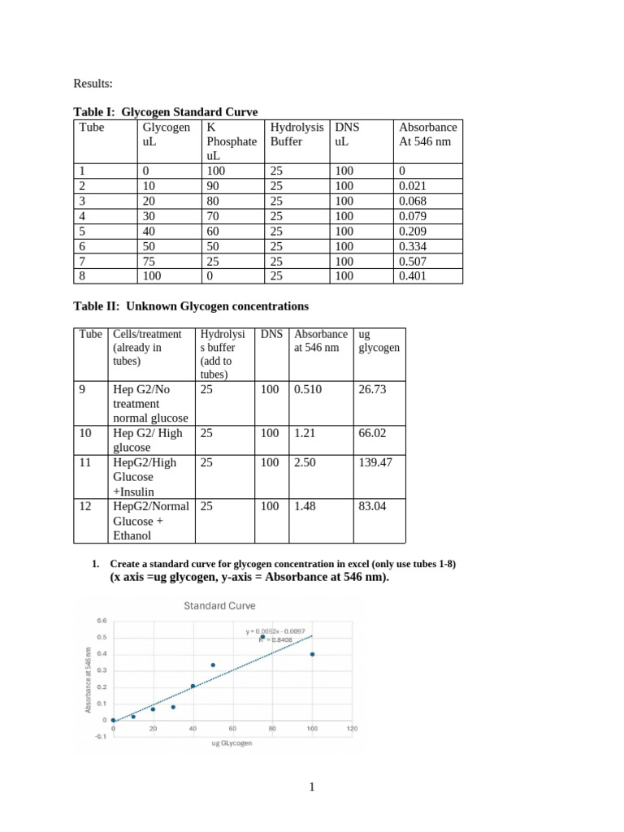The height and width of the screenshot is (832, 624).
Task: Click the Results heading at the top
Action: (x=95, y=83)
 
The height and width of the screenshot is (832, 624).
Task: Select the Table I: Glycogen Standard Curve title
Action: (x=166, y=112)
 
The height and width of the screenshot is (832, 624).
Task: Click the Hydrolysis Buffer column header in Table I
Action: (x=297, y=134)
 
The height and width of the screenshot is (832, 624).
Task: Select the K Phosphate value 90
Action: (x=214, y=186)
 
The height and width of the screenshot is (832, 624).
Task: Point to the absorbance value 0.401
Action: (x=413, y=275)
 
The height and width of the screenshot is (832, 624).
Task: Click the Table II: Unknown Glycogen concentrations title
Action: (x=191, y=306)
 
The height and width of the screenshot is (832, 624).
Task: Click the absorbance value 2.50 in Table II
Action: (x=307, y=462)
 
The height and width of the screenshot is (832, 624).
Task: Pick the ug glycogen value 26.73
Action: (x=372, y=389)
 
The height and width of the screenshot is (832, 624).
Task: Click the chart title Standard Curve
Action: (x=219, y=605)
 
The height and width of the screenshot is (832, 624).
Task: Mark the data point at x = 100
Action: (x=312, y=654)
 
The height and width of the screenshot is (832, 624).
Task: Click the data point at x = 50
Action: (x=213, y=665)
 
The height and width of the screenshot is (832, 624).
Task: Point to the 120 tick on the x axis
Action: (x=352, y=728)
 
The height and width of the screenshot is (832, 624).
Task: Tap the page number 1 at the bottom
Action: (x=312, y=787)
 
